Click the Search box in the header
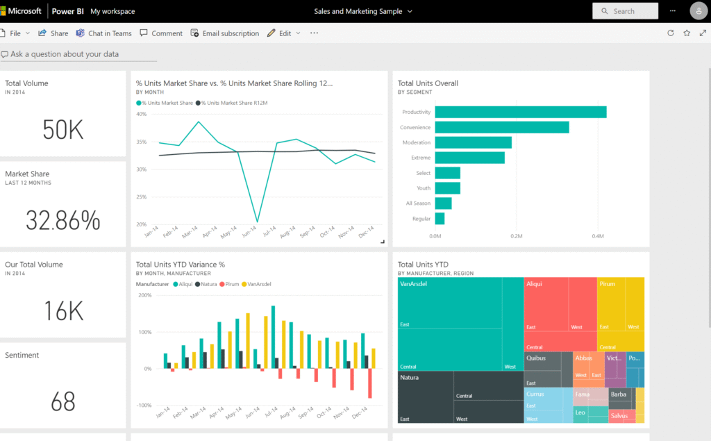tap(625, 11)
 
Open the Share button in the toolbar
tap(53, 33)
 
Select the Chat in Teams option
tap(104, 33)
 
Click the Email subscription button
tap(225, 33)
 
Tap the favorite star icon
tap(687, 33)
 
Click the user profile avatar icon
tap(699, 11)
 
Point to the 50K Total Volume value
tap(62, 130)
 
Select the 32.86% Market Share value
tap(62, 220)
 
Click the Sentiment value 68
tap(62, 401)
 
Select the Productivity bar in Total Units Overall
tap(521, 112)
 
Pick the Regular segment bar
tap(440, 219)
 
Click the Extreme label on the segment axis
tap(420, 158)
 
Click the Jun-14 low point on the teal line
tap(258, 222)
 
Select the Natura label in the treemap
tap(410, 378)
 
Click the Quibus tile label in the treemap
tap(536, 358)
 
